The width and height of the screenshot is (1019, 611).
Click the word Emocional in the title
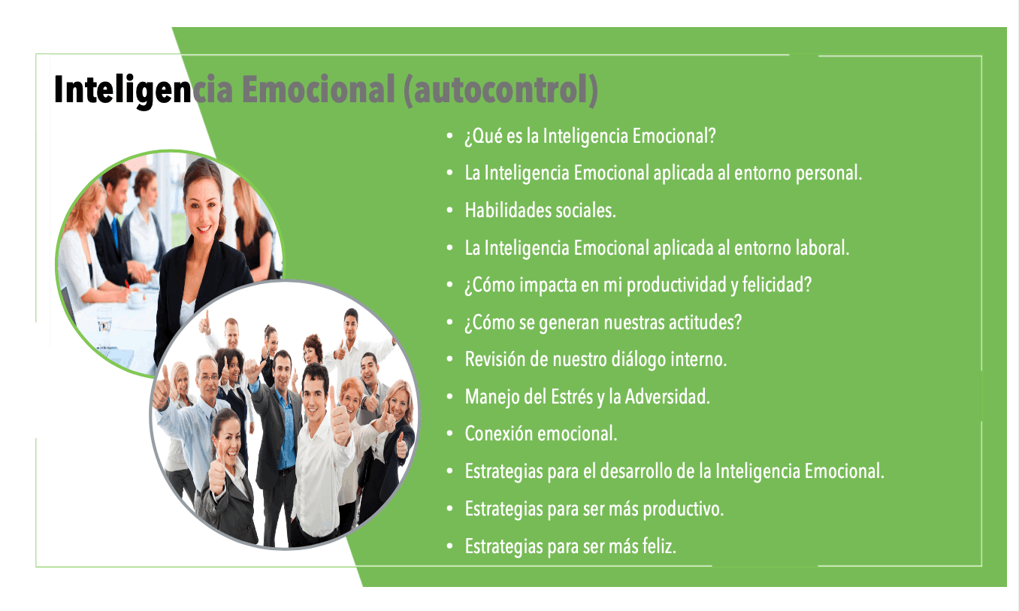(318, 89)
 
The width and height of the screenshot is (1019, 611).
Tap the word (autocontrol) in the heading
(500, 90)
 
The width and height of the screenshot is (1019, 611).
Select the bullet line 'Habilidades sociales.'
(540, 210)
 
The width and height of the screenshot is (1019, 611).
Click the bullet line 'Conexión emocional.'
(541, 434)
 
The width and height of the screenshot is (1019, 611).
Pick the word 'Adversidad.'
(667, 396)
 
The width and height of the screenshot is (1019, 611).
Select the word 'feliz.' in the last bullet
(659, 546)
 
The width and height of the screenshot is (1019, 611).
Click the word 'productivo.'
(683, 509)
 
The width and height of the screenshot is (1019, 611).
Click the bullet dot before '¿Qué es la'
(450, 135)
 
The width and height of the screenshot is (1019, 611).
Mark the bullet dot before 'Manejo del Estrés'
(450, 397)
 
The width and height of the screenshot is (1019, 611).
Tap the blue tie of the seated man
(116, 232)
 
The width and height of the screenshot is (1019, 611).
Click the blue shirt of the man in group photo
(286, 428)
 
